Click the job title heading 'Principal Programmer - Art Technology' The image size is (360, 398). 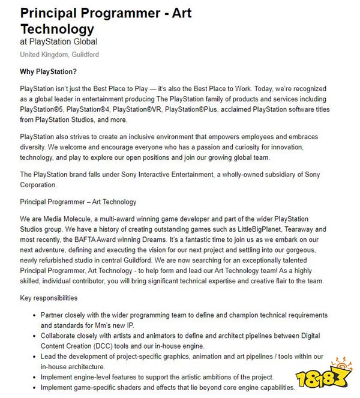[106, 20]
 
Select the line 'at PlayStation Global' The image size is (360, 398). [59, 42]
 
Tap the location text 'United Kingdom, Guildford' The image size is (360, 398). [59, 55]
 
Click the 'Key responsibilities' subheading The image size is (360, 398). [49, 298]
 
